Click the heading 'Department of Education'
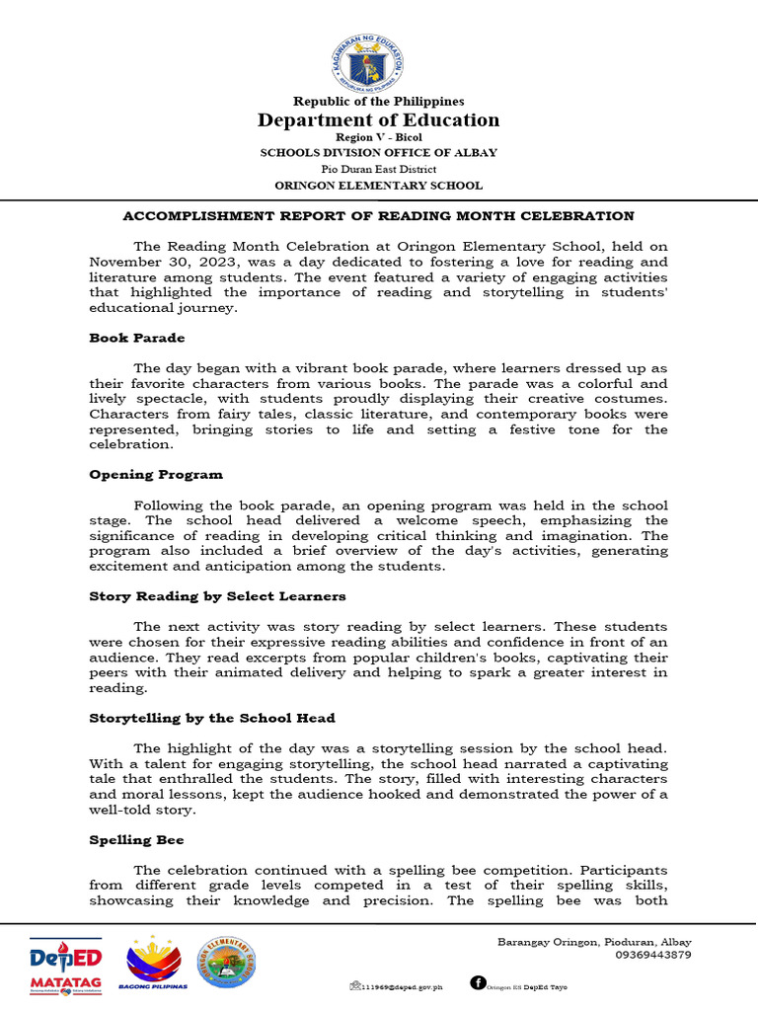[x=379, y=120]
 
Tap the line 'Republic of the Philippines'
[x=379, y=101]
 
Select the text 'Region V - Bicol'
[x=379, y=138]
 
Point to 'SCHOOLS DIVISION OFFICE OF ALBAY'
[x=379, y=153]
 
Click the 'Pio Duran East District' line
[x=379, y=169]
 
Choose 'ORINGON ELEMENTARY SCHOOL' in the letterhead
[x=379, y=185]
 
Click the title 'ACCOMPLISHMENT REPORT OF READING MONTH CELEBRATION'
[x=378, y=215]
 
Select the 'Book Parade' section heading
[x=137, y=338]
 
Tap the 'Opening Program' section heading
[x=156, y=474]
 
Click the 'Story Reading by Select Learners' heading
[x=217, y=595]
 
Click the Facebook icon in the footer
[x=478, y=982]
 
